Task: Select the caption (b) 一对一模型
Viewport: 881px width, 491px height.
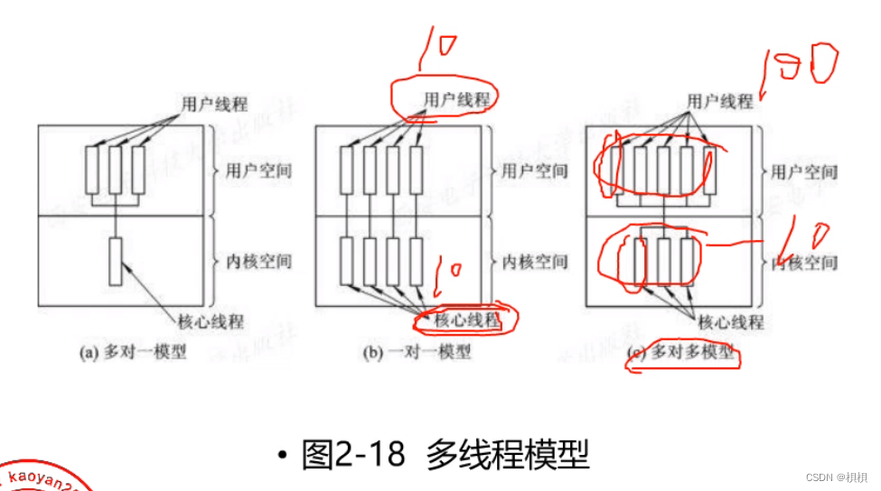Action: [x=417, y=352]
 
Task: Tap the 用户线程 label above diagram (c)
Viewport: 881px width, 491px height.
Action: [x=720, y=100]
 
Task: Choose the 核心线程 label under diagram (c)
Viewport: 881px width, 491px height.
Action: [x=730, y=321]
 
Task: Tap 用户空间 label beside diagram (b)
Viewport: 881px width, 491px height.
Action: [x=535, y=170]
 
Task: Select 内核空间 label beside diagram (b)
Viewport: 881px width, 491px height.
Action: [x=535, y=262]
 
